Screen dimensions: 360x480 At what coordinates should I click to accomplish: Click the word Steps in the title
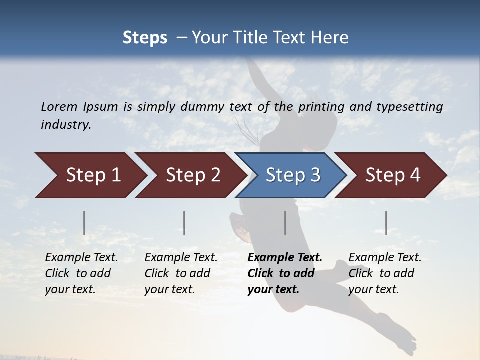[x=145, y=38]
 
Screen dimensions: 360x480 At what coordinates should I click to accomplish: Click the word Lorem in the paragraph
[x=59, y=106]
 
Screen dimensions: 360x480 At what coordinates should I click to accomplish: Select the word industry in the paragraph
[x=65, y=124]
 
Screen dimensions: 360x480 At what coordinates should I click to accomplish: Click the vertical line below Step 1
[x=84, y=223]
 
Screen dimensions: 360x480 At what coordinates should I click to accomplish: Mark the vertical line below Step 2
[x=184, y=223]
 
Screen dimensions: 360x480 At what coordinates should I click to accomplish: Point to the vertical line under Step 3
[x=285, y=223]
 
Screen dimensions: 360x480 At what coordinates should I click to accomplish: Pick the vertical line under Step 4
[x=386, y=223]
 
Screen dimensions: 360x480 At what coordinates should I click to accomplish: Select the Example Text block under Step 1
[x=81, y=273]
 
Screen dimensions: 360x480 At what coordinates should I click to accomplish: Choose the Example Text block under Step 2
[x=181, y=273]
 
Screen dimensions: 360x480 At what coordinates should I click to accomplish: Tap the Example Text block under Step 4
[x=385, y=273]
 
